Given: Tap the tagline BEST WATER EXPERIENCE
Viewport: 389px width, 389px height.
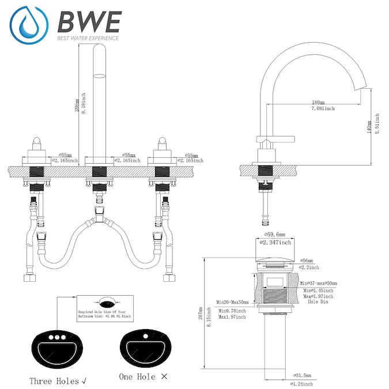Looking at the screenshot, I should [88, 39].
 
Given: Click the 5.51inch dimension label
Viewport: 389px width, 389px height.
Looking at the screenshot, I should [377, 124].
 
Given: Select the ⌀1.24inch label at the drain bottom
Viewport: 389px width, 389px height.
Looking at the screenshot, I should [300, 383].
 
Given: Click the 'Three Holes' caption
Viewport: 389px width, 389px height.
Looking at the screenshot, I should [56, 381].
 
